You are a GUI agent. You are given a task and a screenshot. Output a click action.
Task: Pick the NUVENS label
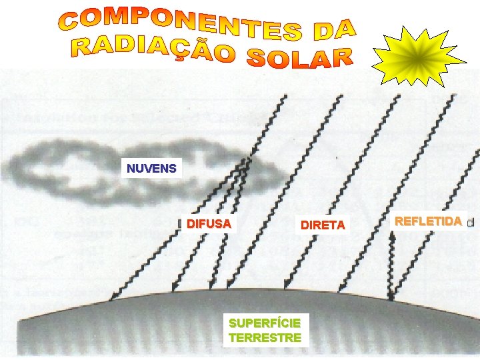click(x=152, y=168)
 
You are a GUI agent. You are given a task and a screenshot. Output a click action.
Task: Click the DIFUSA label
click(x=209, y=224)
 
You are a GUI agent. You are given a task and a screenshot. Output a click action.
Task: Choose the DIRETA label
click(x=323, y=225)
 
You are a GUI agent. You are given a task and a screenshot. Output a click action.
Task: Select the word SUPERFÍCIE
click(x=265, y=323)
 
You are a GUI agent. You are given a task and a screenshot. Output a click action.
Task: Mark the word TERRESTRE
click(x=265, y=338)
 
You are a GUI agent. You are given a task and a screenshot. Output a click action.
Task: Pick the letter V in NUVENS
click(x=147, y=168)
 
